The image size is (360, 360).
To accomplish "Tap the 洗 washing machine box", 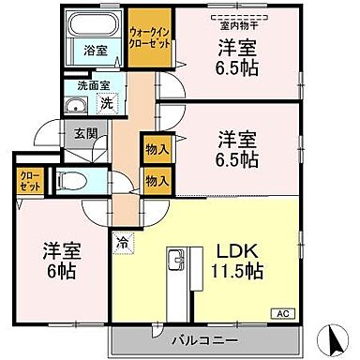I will coord(106,102).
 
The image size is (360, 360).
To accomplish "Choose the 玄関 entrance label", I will coord(85,134).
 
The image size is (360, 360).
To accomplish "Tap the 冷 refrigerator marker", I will coord(124,241).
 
